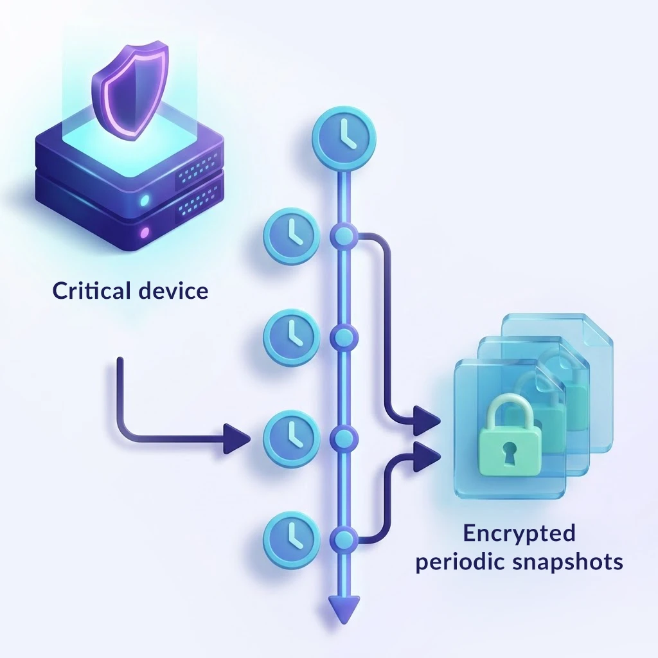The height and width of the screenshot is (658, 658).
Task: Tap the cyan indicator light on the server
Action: click(145, 200)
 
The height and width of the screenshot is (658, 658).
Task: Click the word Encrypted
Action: click(519, 533)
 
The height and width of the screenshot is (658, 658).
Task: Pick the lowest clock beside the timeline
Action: click(291, 533)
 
